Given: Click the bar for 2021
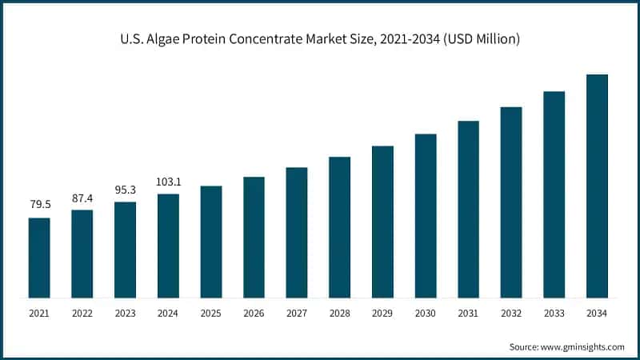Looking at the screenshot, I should pos(39,258).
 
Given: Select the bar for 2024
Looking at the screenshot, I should pos(168,246).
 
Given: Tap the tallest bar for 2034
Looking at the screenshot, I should pos(598,186).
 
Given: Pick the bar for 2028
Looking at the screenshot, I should pos(340,227).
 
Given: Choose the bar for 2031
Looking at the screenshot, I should pos(469,210).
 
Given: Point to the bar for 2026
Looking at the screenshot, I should pos(254,238).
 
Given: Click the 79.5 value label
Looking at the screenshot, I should pos(40,205).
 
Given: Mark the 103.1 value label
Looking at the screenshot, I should pos(168,182).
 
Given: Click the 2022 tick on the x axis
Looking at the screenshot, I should pos(82,314).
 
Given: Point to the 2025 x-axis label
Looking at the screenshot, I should pos(211,314).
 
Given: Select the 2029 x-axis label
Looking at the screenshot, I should pos(382,314).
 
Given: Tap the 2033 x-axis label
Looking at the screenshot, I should pos(554,314).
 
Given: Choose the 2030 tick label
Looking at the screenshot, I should pos(426,314).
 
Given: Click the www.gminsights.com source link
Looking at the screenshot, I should pos(583,346).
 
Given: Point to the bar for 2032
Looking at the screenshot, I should pos(511,202).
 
